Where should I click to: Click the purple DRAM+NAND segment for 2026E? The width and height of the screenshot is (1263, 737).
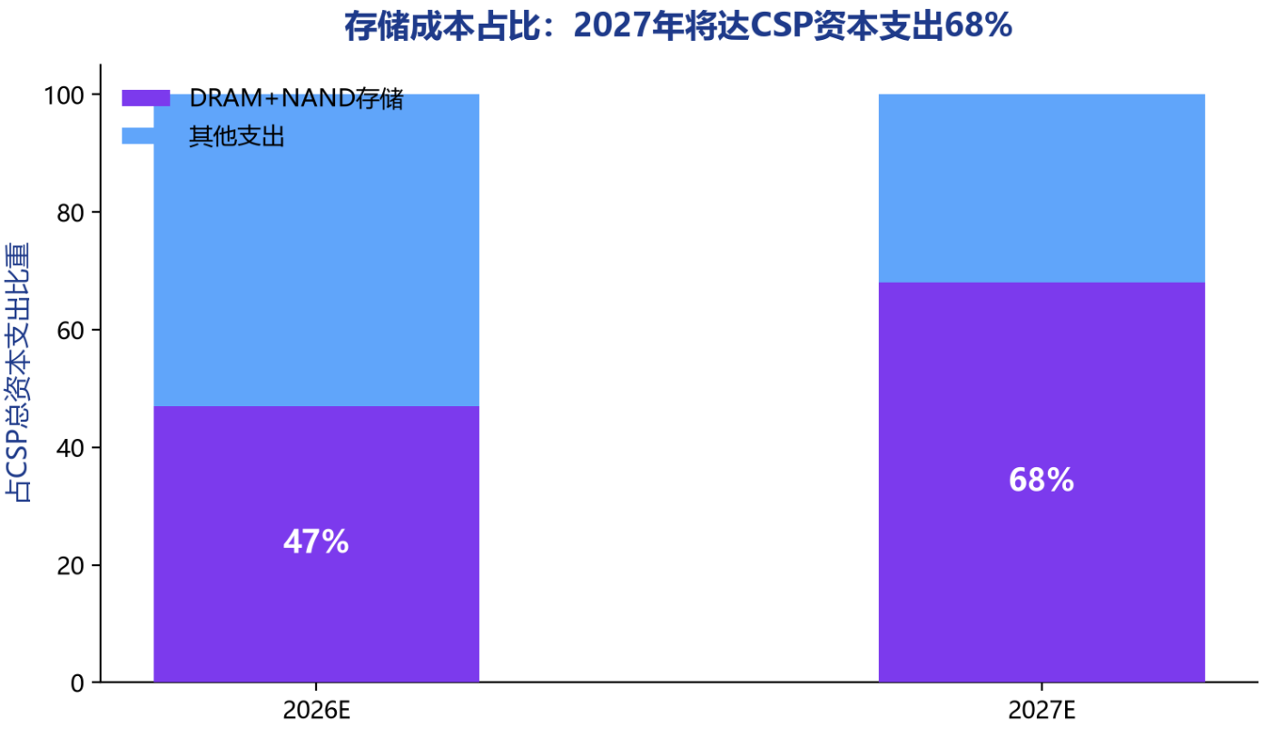coord(316,544)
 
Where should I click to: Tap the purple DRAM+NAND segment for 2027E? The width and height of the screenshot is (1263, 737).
coord(1041,482)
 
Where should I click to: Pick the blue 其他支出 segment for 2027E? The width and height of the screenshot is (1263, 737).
coord(1041,188)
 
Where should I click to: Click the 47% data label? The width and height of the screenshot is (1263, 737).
coord(316,542)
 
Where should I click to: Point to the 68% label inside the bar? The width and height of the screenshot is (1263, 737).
coord(1041,480)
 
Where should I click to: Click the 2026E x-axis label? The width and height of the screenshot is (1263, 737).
coord(316,711)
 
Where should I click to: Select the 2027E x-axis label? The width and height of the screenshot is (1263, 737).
coord(1041,711)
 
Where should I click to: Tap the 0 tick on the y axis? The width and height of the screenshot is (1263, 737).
coord(77,683)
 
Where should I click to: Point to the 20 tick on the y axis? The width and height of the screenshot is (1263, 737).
coord(71,565)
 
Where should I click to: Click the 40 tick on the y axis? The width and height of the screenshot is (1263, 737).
coord(71,448)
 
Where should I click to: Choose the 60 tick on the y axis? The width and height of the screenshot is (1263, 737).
coord(71,330)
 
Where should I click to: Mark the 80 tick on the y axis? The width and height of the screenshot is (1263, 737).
coord(71,213)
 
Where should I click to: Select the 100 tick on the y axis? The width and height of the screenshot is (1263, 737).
coord(64,95)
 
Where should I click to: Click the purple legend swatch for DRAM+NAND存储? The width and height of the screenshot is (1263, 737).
coord(145,98)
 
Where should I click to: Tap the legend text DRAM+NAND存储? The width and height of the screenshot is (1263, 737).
coord(297,98)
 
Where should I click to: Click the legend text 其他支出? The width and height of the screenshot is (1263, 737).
coord(237,136)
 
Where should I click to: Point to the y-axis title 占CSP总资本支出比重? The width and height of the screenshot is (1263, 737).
coord(17,373)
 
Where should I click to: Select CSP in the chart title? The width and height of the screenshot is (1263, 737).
coord(782,26)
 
